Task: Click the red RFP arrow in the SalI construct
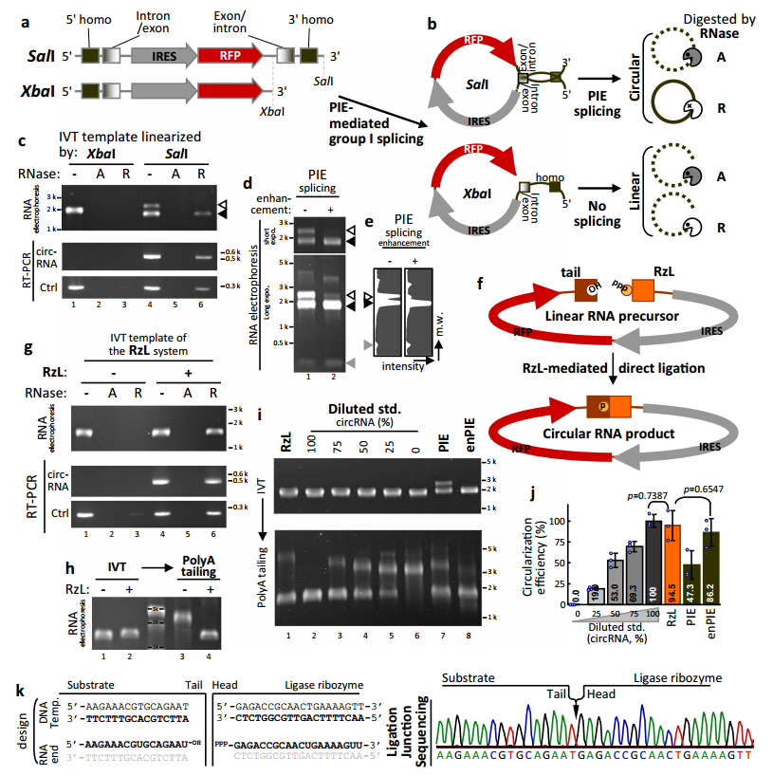[228, 56]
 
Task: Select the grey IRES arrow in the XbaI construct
[154, 93]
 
